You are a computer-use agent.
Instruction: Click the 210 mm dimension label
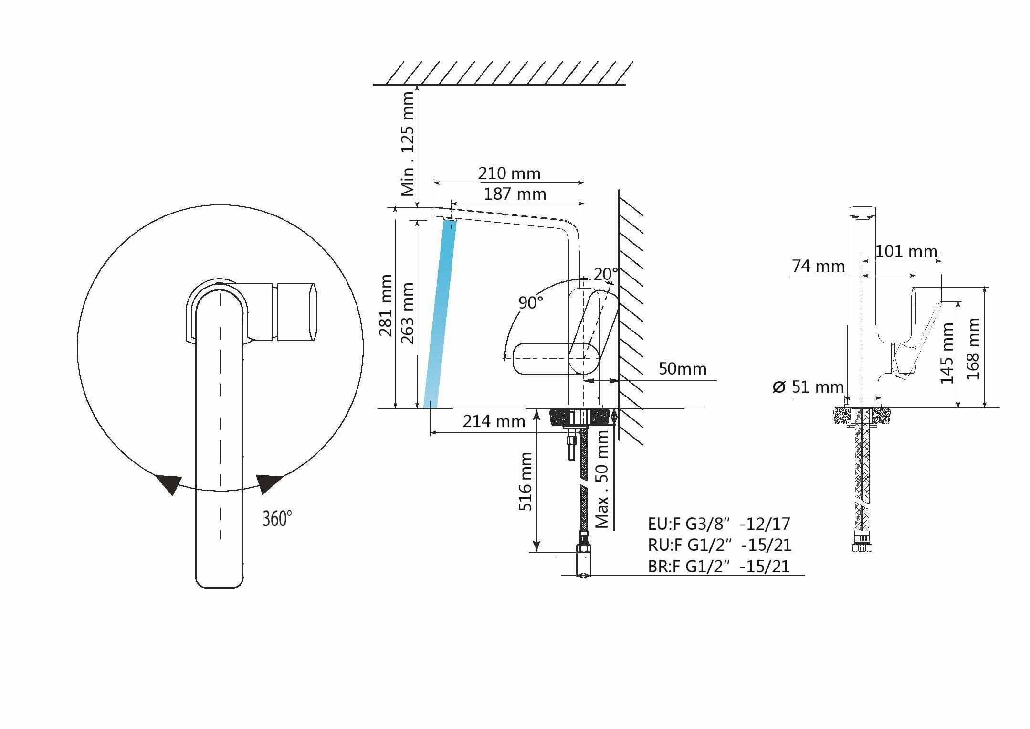tap(509, 173)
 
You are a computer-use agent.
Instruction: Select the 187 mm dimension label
tap(515, 194)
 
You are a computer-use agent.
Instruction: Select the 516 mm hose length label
tap(525, 482)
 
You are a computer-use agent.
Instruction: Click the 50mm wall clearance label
tap(683, 369)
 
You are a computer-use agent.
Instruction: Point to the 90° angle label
tap(531, 302)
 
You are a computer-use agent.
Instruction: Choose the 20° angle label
tap(605, 274)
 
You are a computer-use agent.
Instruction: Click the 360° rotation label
tap(277, 518)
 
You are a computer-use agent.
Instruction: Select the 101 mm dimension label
tap(906, 251)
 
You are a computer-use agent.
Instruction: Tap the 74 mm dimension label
tap(818, 266)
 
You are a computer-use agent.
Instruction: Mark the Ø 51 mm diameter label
tap(808, 386)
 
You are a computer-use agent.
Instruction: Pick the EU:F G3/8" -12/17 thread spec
tap(719, 524)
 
